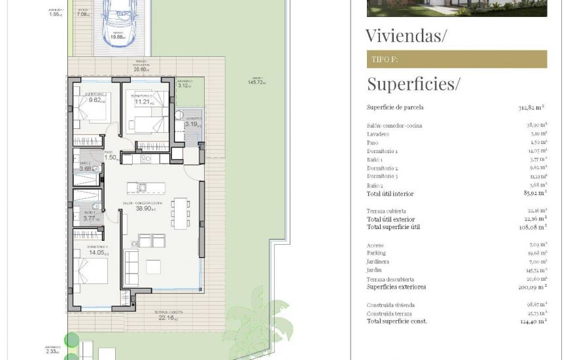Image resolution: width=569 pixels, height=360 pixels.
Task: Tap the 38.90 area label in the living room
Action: pos(144,208)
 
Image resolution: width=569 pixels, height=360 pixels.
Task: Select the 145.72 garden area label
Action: pos(256,82)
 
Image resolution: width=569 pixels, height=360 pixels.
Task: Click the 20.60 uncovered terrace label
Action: pos(141,69)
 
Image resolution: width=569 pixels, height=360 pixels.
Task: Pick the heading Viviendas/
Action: pos(405,35)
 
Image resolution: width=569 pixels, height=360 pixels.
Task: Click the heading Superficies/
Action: pos(413,84)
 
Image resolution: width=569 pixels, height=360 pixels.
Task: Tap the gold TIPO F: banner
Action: pos(457,60)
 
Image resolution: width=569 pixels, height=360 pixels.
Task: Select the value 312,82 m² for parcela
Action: pos(531,107)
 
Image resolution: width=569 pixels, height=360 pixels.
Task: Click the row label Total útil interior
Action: pos(390,194)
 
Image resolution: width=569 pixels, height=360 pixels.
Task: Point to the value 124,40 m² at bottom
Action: pos(534,321)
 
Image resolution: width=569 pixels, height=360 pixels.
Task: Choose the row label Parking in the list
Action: pos(376,253)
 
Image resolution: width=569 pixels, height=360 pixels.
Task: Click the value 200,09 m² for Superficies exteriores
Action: pos(532,287)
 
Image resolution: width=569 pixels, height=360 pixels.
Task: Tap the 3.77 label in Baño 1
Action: pos(90,219)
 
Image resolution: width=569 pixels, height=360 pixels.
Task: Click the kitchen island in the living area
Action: pos(146,188)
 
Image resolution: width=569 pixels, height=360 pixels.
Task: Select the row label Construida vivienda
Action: pos(390,305)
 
